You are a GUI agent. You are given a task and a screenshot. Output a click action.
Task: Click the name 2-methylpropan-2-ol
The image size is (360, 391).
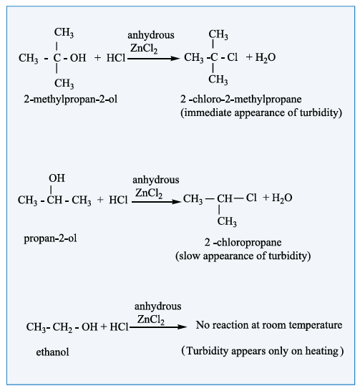coord(71,100)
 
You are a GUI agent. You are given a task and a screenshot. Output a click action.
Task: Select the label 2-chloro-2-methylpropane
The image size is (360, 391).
coord(241,100)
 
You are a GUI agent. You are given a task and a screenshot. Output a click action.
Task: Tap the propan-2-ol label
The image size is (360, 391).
coord(50,238)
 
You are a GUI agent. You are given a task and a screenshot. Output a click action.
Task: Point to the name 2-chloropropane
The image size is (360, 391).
coord(243,243)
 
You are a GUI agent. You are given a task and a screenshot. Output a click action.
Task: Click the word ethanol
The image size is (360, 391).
coord(52,352)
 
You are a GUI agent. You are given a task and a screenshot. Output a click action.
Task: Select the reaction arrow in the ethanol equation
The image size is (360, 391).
coord(158,327)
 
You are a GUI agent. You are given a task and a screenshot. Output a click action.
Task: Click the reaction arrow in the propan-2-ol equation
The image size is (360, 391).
coord(156,202)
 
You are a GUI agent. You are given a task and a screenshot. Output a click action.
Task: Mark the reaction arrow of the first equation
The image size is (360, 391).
coord(153,59)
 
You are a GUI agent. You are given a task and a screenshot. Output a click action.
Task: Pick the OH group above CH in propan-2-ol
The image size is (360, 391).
coord(57,178)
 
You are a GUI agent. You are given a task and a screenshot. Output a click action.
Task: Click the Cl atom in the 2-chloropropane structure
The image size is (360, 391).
coord(251,198)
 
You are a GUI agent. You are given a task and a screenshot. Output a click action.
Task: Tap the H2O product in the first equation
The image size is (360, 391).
coord(266,57)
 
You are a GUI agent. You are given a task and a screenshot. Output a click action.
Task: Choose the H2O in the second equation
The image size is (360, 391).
coord(282,198)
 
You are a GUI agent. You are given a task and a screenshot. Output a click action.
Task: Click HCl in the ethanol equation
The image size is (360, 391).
coord(119,327)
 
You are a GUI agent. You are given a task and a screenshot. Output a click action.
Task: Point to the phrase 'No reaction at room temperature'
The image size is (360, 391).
coord(269,325)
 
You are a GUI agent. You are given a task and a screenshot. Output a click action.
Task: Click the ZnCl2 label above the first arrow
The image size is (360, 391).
coord(144,48)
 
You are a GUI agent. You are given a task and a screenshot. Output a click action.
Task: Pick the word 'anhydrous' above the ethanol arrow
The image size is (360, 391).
coord(157,306)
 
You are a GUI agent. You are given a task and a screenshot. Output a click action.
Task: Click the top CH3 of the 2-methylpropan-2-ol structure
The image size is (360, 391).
coord(64,33)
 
